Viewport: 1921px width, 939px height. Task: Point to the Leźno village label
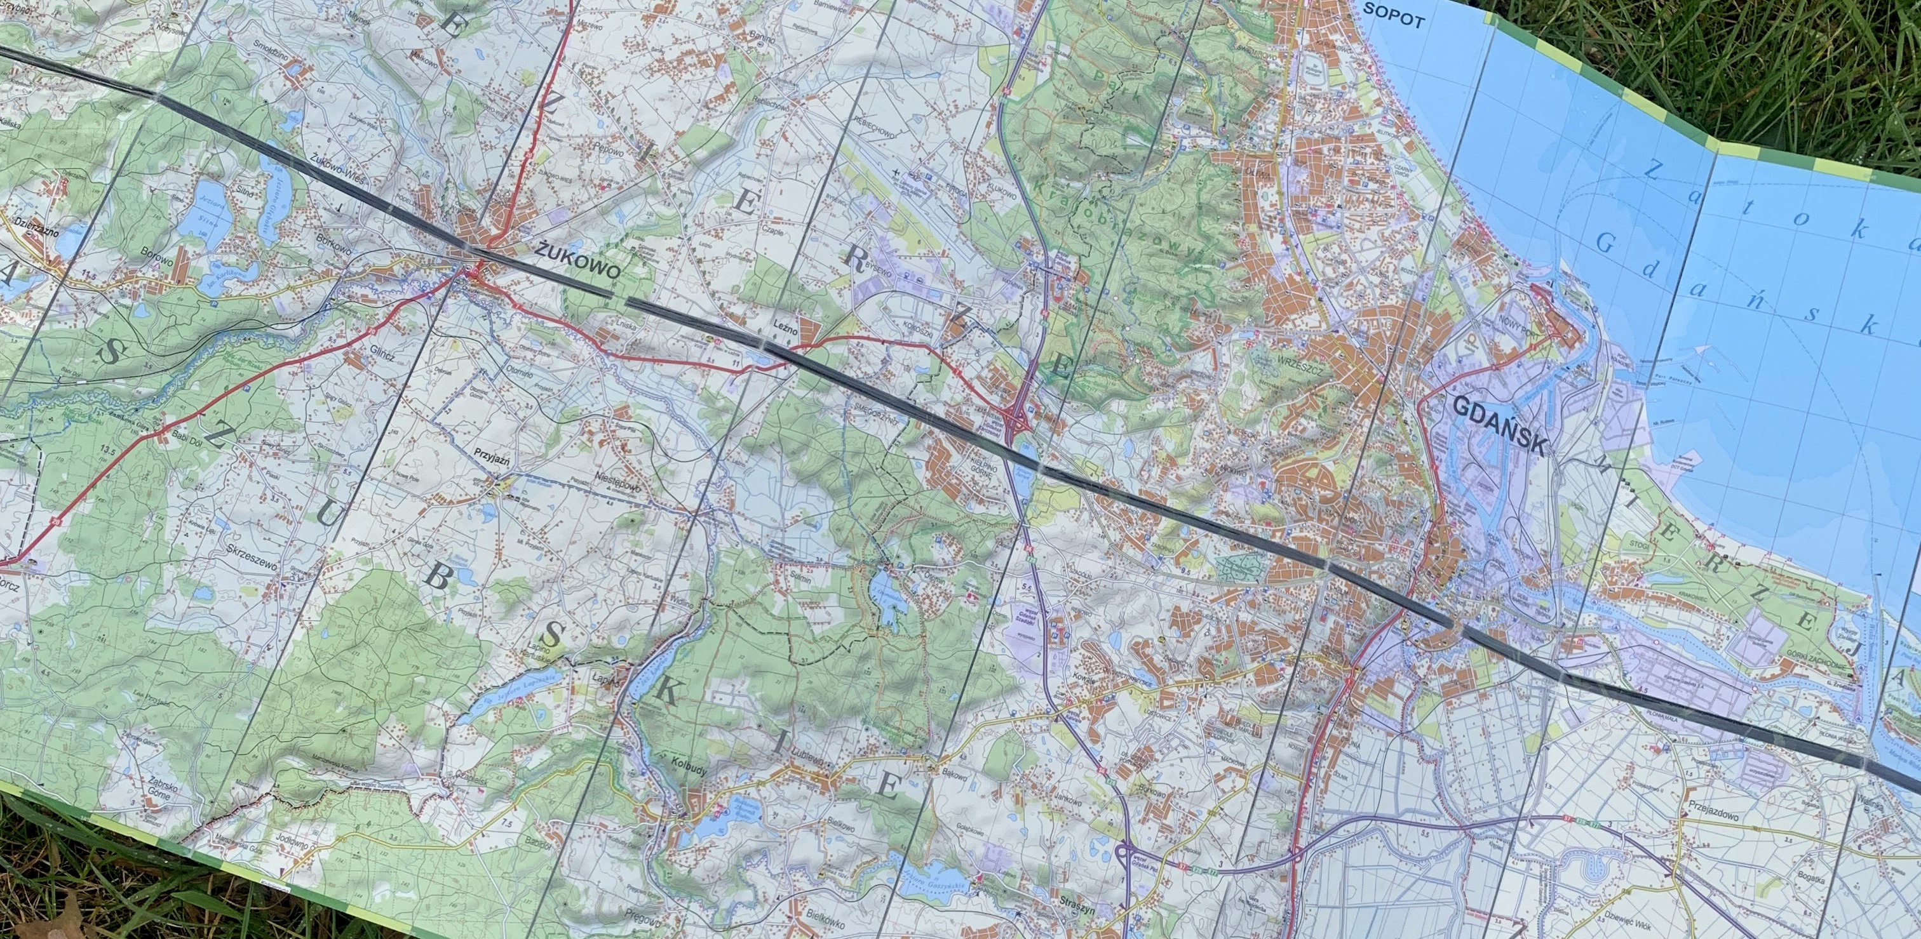785,328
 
